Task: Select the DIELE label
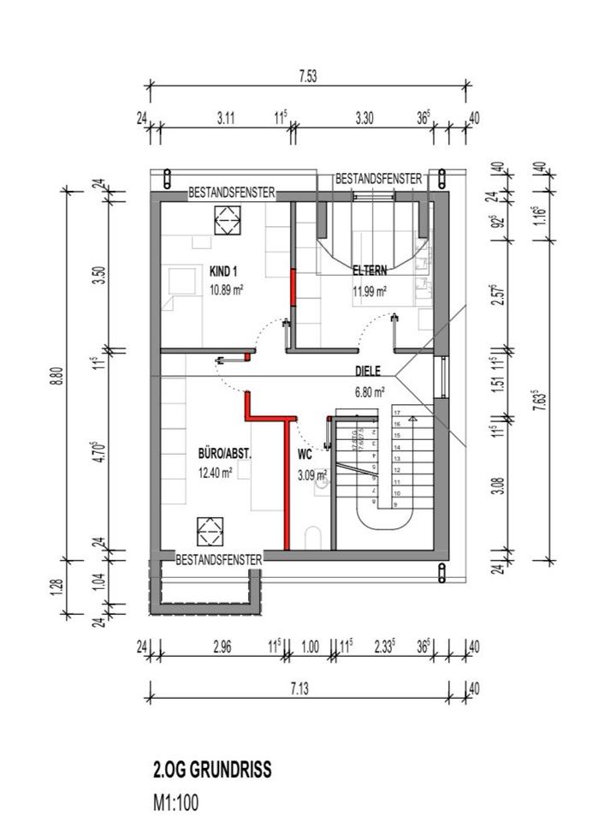pyautogui.click(x=369, y=372)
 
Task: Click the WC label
pyautogui.click(x=305, y=456)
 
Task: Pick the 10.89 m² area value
pyautogui.click(x=226, y=290)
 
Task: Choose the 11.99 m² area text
pyautogui.click(x=370, y=290)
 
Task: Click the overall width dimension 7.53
pyautogui.click(x=308, y=76)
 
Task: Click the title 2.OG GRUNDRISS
pyautogui.click(x=211, y=769)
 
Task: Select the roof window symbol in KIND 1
pyautogui.click(x=228, y=225)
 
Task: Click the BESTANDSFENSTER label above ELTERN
pyautogui.click(x=378, y=179)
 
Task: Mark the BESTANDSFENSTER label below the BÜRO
pyautogui.click(x=218, y=558)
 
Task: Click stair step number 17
pyautogui.click(x=397, y=412)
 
